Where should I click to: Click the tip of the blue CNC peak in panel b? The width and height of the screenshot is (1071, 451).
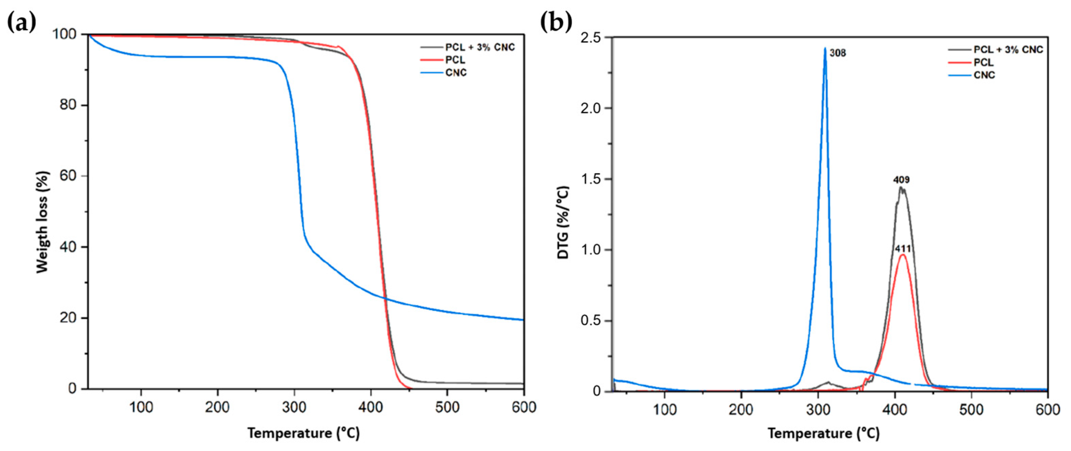(x=825, y=49)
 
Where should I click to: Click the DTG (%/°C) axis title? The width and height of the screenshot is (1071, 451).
(x=563, y=222)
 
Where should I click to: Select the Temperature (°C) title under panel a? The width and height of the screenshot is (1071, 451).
(x=304, y=433)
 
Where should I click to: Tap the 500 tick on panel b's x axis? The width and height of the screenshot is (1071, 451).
(x=971, y=410)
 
